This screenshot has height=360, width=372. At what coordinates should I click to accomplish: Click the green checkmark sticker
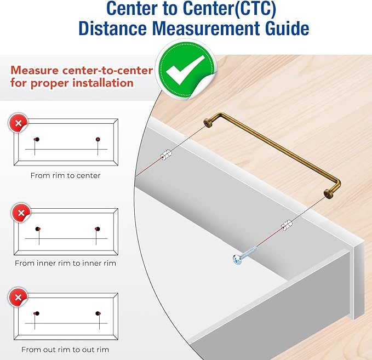pos(185,69)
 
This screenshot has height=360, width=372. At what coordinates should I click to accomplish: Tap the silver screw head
pos(237,259)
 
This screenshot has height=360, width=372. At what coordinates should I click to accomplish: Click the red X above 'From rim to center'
pos(18,123)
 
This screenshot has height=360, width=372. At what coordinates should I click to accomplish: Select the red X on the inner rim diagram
pos(21,213)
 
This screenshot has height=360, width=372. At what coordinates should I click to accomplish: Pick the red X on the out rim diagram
pos(18,298)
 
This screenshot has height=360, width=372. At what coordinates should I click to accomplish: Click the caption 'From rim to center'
pos(66,175)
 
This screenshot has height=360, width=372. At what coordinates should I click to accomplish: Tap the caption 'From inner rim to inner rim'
pos(66,263)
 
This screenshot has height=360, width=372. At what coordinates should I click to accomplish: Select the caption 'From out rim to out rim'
pos(65,350)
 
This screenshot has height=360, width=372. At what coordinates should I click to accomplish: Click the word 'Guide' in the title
pos(287,28)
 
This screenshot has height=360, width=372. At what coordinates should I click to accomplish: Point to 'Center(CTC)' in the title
pos(230,9)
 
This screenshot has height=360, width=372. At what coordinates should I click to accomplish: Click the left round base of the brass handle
pos(208,123)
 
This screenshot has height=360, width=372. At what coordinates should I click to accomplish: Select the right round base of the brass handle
pos(329,193)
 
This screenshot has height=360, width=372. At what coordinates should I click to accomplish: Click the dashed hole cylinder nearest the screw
pos(287,225)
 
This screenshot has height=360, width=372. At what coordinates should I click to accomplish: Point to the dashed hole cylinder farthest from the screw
pos(166,155)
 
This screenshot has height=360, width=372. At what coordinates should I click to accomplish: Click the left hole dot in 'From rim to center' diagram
pos(37,139)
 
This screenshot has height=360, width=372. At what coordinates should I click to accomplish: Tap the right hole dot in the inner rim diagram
pos(98,229)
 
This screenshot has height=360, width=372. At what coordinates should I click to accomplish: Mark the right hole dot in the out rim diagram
pos(98,313)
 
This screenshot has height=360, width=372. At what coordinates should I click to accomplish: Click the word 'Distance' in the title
pos(112,28)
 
